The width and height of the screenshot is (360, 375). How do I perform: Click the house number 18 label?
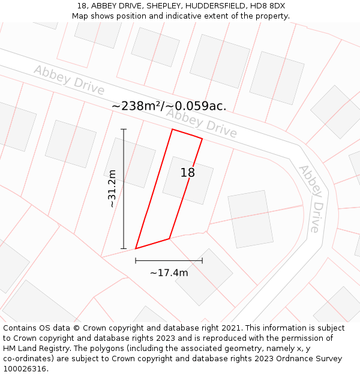[x=188, y=173]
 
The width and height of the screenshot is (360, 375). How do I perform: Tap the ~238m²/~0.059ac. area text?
[x=169, y=106]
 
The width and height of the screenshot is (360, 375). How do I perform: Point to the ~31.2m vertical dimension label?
[x=112, y=188]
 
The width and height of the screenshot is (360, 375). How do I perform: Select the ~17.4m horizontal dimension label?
[x=169, y=273]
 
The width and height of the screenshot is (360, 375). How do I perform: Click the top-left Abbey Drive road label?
[x=69, y=79]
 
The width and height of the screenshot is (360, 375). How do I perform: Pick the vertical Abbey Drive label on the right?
[x=310, y=199]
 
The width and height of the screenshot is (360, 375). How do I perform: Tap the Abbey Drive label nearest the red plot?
[x=202, y=122]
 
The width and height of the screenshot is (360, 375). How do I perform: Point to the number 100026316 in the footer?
[x=25, y=369]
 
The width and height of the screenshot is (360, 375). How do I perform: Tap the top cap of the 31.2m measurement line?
[x=124, y=129]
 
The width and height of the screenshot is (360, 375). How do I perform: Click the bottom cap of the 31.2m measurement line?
[x=124, y=248]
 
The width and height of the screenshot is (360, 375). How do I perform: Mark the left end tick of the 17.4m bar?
[x=136, y=260]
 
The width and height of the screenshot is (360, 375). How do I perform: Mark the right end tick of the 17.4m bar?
[x=202, y=260]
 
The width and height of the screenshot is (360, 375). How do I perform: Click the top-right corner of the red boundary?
[x=202, y=139]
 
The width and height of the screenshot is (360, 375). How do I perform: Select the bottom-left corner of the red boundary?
[x=136, y=248]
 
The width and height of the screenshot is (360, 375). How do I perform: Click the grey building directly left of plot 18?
[x=130, y=163]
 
